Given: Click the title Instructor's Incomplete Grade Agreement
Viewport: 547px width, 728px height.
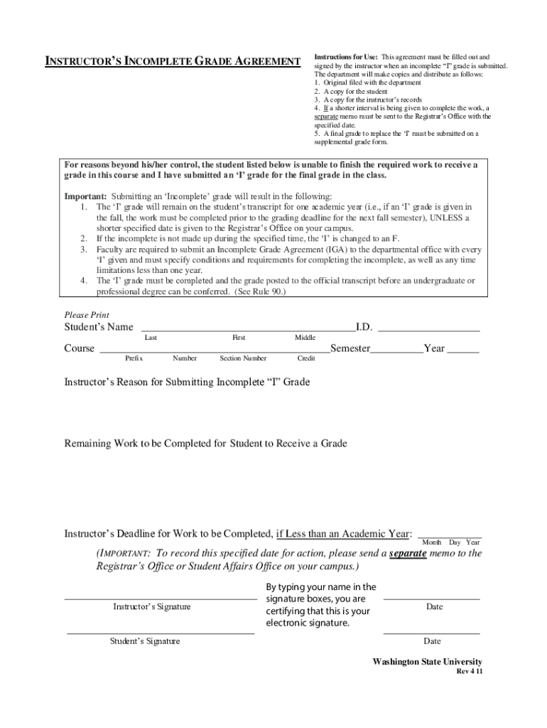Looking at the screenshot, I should pos(173,62).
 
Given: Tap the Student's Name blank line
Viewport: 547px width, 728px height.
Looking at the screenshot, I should pos(248,329).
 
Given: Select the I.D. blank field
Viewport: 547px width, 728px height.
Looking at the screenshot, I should pos(428,329).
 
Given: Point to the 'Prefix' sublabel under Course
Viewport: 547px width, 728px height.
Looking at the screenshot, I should pos(134,359).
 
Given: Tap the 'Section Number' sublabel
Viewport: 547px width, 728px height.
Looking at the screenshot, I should pos(243,359).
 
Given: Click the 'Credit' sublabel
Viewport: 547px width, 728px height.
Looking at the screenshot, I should pos(306,359).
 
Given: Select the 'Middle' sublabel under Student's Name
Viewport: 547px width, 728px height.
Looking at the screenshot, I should pos(305,338).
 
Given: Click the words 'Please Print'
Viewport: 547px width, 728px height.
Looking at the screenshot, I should pos(87,315).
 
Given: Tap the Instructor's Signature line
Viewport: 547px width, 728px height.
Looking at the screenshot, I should pos(161,599).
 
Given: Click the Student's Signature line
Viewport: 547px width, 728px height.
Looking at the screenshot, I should pos(161,631).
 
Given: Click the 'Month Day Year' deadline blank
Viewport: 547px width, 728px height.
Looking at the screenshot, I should pos(450,536).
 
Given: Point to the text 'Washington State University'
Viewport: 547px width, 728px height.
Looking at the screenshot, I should pos(427,662).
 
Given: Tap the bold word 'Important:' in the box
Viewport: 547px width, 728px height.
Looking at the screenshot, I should pos(86,196).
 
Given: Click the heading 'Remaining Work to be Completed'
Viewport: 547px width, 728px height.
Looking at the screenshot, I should pos(206,444).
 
